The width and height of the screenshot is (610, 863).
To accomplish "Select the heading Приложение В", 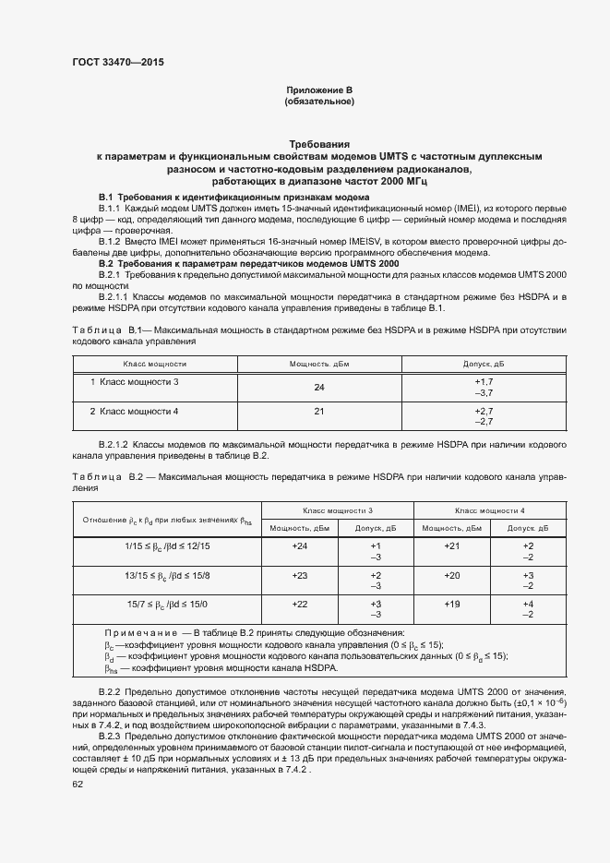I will pyautogui.click(x=319, y=90).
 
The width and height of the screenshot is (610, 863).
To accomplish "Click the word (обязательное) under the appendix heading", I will pyautogui.click(x=319, y=101).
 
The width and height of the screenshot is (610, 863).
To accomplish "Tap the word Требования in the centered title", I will pyautogui.click(x=319, y=145).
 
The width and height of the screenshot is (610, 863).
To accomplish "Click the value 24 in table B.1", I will pyautogui.click(x=319, y=388).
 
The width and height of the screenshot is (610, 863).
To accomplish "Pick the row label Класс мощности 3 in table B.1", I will pyautogui.click(x=134, y=381).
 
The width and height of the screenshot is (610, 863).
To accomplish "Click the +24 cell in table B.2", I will pyautogui.click(x=300, y=546).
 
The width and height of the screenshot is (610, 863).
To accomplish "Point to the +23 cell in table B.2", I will pyautogui.click(x=300, y=575).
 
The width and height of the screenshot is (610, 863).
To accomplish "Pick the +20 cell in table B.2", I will pyautogui.click(x=452, y=575).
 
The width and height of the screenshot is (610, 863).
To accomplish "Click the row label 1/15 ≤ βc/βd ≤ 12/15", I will pyautogui.click(x=167, y=546).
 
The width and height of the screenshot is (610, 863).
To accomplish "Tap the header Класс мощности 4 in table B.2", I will pyautogui.click(x=490, y=510).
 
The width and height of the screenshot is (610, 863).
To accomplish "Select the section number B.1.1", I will pyautogui.click(x=110, y=210).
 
